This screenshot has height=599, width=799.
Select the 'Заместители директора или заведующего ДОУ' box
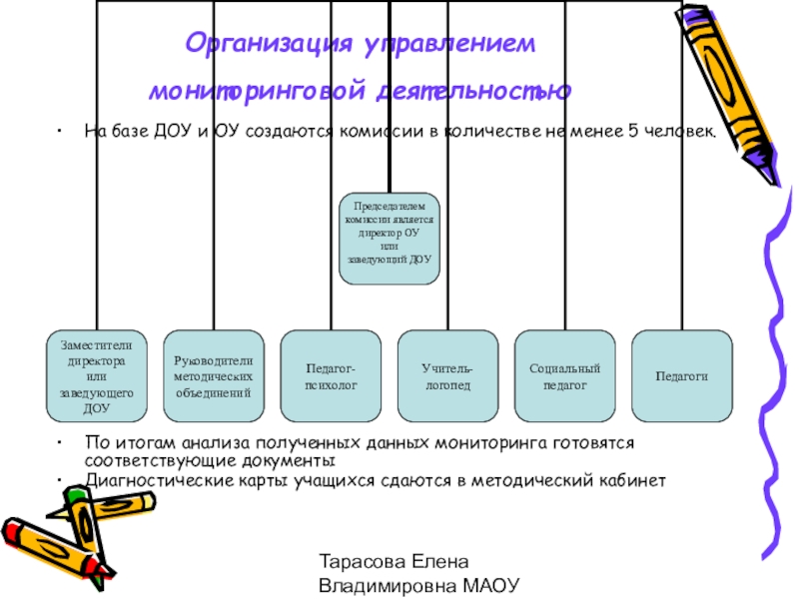(x=97, y=374)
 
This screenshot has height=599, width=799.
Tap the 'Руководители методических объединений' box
(x=214, y=374)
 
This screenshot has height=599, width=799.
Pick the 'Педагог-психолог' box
(x=331, y=374)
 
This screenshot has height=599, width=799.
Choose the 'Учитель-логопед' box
(x=447, y=374)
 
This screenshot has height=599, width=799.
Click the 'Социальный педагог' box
(x=564, y=374)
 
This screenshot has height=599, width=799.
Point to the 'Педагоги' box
(x=681, y=374)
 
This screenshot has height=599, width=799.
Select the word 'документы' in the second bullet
(x=295, y=461)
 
